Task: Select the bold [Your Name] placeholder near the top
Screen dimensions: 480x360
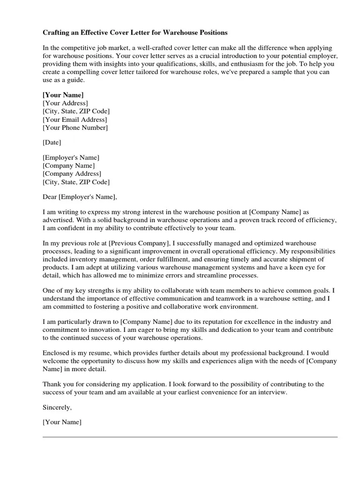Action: coord(63,95)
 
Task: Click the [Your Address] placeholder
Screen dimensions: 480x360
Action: coord(65,103)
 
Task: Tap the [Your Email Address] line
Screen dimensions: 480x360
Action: coord(75,120)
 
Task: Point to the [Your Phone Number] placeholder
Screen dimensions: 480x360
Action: coord(75,127)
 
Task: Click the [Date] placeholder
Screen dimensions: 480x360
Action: coord(52,142)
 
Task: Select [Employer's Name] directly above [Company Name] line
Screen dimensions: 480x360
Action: coord(71,157)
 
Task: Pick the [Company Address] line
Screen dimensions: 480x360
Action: coord(71,174)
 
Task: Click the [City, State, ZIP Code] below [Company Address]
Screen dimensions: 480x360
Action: coord(76,182)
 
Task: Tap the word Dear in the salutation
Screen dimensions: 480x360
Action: coord(50,197)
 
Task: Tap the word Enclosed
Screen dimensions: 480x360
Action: coord(56,352)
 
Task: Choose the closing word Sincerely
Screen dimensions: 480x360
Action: coord(57,407)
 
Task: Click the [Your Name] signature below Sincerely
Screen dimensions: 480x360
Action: coord(62,422)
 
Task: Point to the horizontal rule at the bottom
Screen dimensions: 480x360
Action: coord(190,437)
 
